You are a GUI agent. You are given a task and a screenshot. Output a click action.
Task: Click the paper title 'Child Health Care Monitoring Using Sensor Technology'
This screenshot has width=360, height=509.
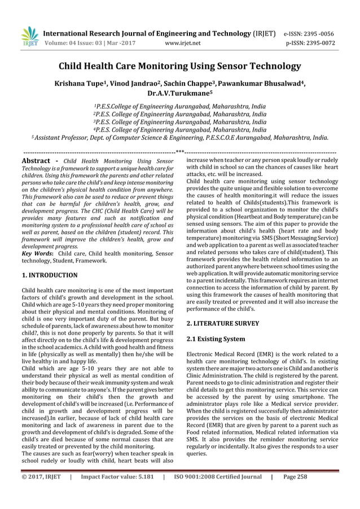click(x=180, y=67)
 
